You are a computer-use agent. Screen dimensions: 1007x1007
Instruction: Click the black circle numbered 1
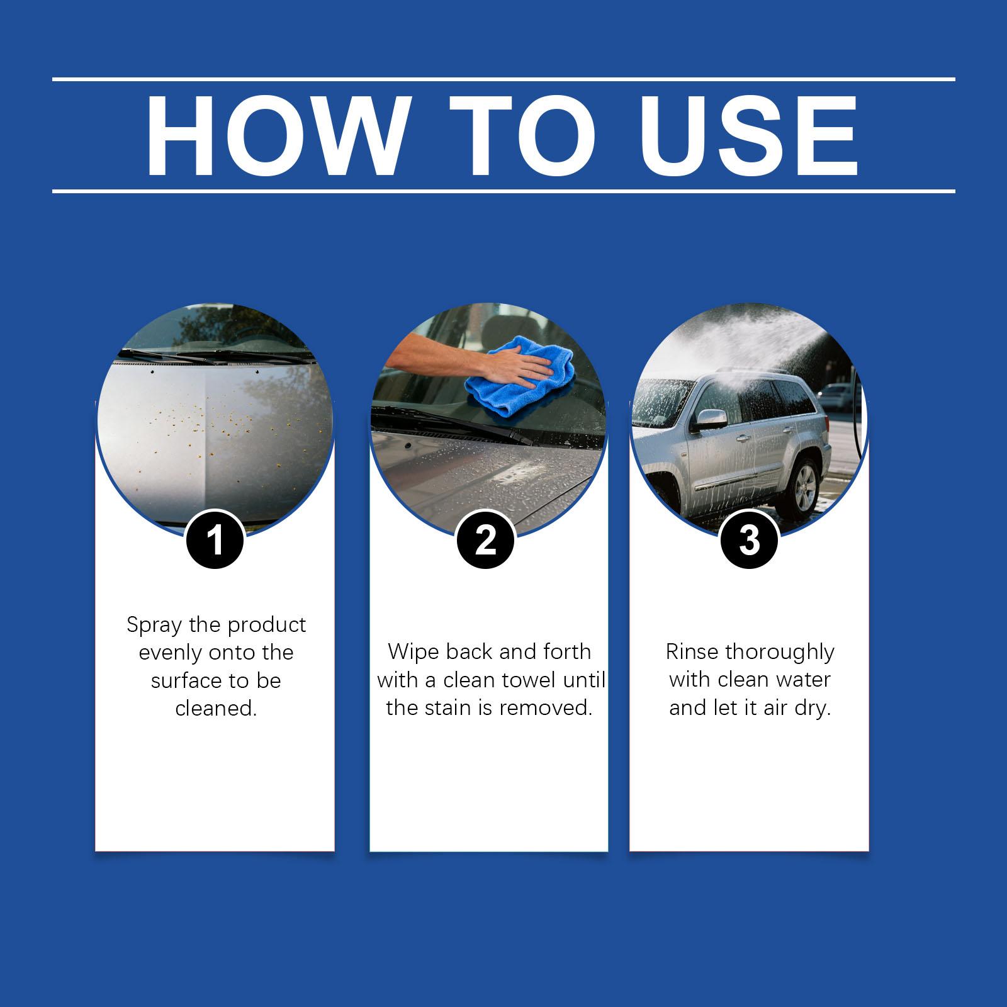point(215,540)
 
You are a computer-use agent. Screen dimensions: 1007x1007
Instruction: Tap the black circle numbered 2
point(485,540)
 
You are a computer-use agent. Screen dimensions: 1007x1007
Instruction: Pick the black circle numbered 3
point(749,540)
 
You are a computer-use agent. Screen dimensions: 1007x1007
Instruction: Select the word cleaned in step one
point(217,709)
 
